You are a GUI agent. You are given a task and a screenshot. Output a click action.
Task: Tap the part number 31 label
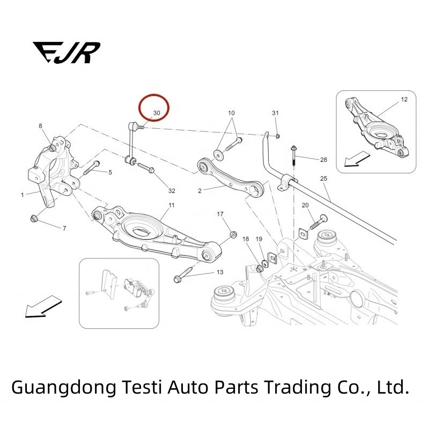tap(276, 113)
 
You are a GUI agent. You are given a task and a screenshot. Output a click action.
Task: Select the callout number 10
tap(232, 113)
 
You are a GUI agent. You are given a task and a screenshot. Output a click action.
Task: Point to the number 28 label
tap(323, 160)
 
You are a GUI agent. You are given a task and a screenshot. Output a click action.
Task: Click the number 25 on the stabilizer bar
tap(323, 178)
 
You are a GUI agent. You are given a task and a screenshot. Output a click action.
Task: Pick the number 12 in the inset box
tap(404, 100)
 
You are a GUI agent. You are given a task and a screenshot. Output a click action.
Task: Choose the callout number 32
tap(172, 191)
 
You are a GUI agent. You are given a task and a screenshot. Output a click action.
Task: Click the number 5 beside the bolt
tap(110, 172)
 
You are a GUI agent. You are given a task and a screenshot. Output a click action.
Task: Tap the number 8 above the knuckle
tap(40, 125)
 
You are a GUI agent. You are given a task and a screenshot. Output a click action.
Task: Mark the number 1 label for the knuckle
tap(23, 195)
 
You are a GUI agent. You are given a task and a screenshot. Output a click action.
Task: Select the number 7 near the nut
tap(64, 229)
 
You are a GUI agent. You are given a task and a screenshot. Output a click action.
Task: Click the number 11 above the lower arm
tap(172, 205)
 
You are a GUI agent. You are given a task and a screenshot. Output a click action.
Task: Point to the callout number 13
tap(220, 272)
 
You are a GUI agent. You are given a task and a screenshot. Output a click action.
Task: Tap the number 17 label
tap(220, 214)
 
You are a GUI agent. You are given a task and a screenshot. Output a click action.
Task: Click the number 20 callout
tap(305, 205)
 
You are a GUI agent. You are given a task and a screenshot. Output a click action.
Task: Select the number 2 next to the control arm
tap(199, 191)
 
